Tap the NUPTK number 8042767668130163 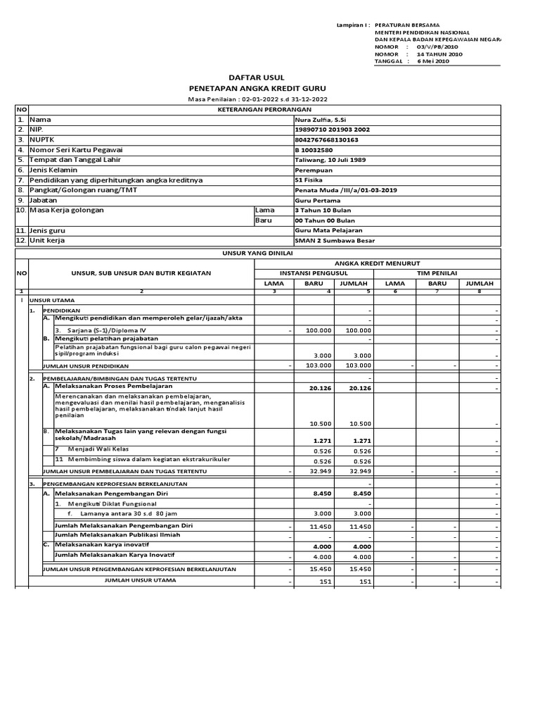(x=326, y=139)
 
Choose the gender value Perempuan (x=314, y=170)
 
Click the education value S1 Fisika (x=310, y=180)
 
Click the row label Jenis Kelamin (x=53, y=170)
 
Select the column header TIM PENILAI (x=437, y=272)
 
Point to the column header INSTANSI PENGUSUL (x=313, y=272)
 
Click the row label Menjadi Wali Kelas (x=98, y=449)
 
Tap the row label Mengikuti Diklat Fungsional (x=107, y=504)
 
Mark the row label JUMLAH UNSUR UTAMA (x=141, y=580)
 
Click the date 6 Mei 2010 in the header (x=434, y=61)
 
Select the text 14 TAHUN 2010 (x=439, y=54)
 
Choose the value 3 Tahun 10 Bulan (x=322, y=211)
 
